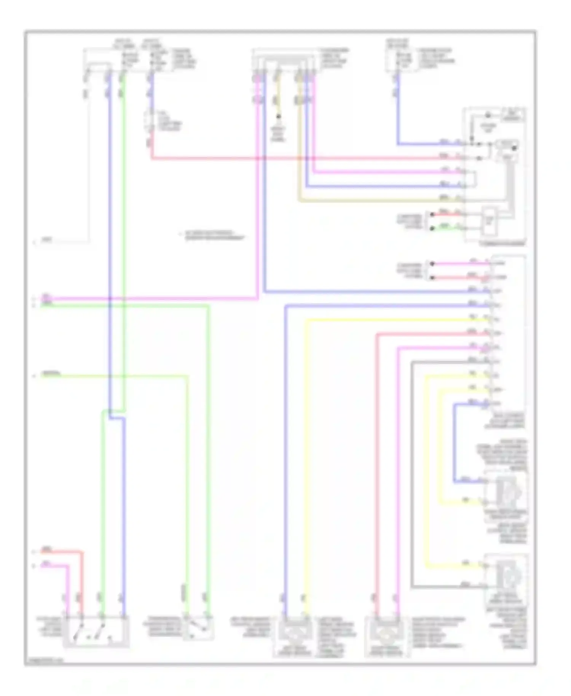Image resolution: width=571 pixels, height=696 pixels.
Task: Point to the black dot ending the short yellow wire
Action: coord(278,116)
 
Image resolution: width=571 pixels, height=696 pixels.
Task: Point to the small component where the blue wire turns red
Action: coord(151,121)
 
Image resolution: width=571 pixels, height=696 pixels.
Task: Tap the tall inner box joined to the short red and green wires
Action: coord(489,221)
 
